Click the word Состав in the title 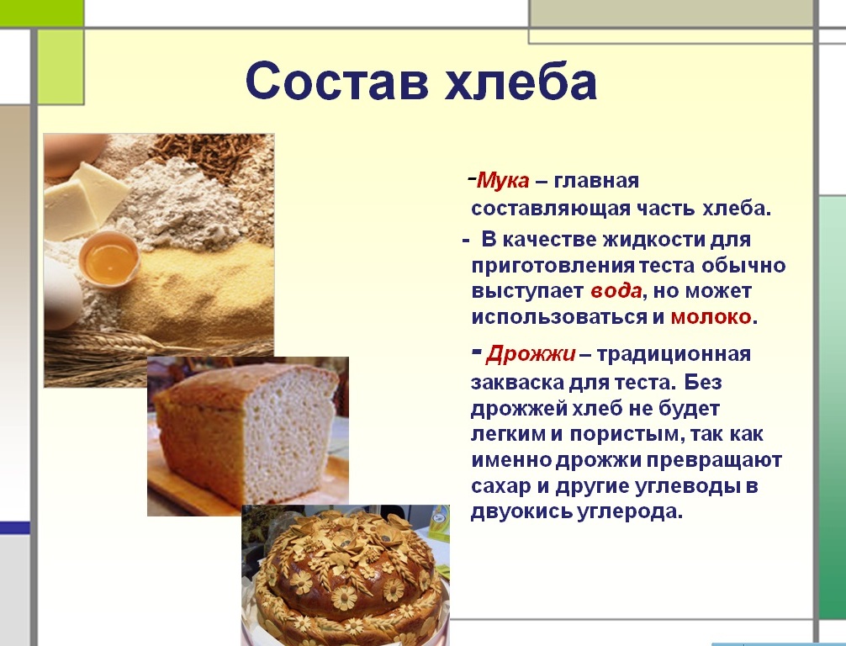337,81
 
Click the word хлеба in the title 521,81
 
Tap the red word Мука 503,180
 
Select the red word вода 616,291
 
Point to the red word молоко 711,317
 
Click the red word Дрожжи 531,354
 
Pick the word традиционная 674,355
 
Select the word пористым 626,434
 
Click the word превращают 714,460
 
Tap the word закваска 517,383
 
